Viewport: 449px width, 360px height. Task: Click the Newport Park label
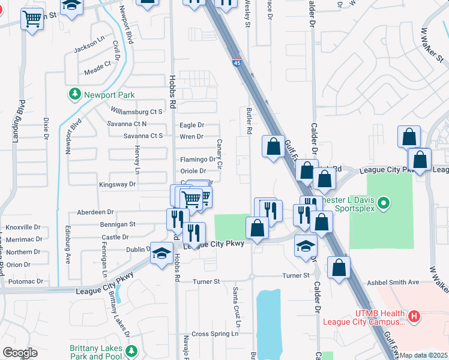pos(109,95)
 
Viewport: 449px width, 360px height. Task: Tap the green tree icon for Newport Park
pos(75,94)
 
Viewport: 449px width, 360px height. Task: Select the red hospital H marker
pos(414,315)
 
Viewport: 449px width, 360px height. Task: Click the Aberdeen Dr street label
pos(95,212)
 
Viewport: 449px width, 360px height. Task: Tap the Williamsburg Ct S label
pos(137,112)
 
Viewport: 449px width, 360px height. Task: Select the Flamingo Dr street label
pos(197,160)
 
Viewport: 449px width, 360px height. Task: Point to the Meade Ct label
pos(98,63)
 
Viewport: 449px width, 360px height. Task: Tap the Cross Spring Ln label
pos(208,334)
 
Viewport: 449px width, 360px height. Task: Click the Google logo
pos(20,353)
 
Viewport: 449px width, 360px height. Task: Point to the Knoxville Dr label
pos(23,227)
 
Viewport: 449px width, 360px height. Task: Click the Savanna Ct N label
pos(127,124)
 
